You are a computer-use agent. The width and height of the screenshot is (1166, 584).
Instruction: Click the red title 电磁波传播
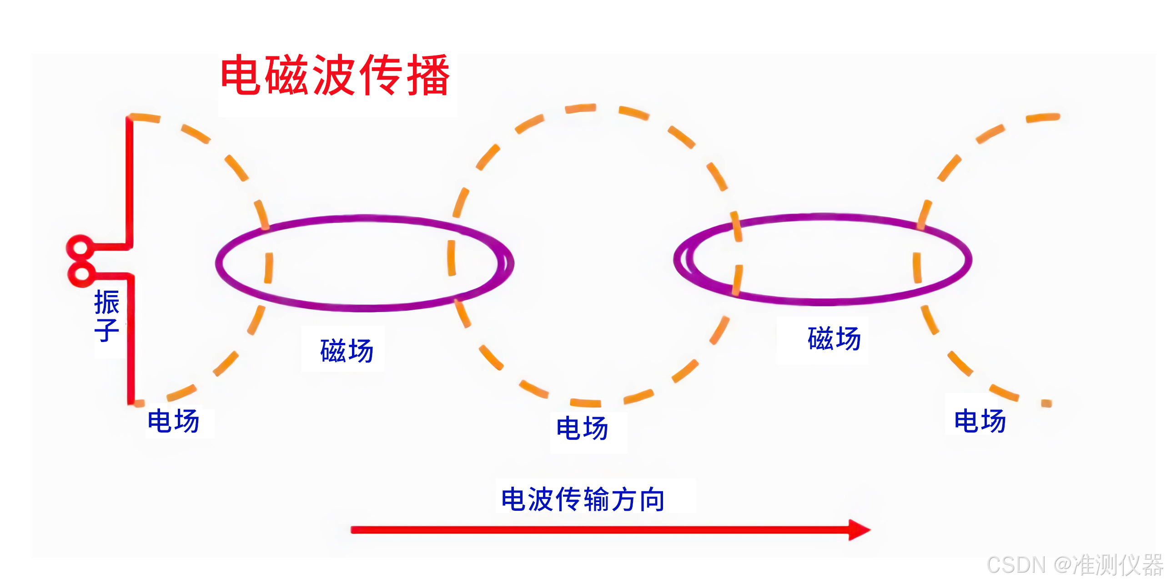335,75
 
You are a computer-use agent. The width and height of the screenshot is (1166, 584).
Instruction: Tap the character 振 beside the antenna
107,302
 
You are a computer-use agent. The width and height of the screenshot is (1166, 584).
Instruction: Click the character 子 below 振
107,330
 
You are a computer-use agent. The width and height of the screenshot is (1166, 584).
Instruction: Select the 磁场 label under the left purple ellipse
347,351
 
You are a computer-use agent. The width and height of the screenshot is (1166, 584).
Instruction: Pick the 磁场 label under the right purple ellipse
834,338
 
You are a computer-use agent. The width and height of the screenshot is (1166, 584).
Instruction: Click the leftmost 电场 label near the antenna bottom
174,421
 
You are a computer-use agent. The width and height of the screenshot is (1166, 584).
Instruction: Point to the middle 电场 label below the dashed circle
583,428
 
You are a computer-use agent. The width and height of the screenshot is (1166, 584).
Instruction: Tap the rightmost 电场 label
980,421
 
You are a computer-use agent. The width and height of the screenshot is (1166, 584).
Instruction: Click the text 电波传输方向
583,499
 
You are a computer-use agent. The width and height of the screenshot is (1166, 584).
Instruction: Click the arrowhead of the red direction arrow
859,530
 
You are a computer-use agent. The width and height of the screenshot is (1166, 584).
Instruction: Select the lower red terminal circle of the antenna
81,274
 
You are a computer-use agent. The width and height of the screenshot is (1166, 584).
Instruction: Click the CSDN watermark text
1016,565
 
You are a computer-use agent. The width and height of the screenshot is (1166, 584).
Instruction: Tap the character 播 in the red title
428,75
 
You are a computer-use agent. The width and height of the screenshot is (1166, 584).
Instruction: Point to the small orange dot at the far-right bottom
1046,403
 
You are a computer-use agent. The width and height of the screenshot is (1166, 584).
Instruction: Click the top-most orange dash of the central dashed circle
580,108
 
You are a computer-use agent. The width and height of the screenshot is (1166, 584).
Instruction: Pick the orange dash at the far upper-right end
1043,118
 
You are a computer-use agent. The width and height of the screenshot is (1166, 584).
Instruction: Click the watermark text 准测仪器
1117,565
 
